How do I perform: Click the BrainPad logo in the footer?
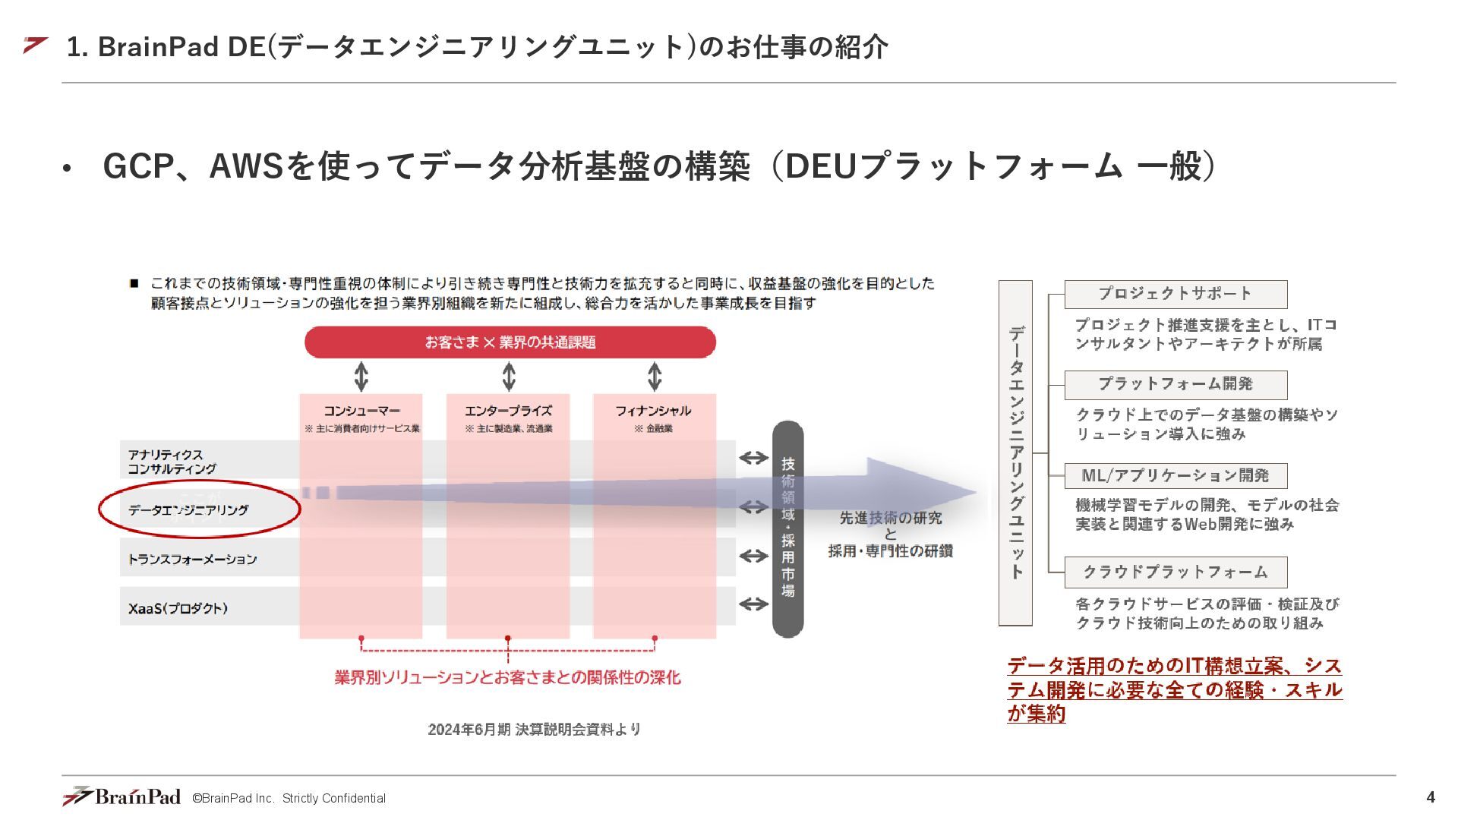[121, 796]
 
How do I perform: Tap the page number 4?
[1431, 797]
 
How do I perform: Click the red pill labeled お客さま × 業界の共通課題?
[510, 342]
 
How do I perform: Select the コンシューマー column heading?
[361, 411]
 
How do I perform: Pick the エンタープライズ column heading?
[508, 411]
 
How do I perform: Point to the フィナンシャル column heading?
[653, 411]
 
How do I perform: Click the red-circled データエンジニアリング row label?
[188, 510]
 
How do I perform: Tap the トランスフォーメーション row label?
[192, 560]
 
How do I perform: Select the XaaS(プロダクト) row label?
[178, 608]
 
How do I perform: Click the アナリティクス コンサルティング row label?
[172, 462]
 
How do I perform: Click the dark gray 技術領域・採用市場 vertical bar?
[787, 528]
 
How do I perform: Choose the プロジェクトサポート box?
[1175, 294]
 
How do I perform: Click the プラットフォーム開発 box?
[1175, 384]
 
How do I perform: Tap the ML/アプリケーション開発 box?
[1175, 476]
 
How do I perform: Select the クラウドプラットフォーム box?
[1175, 572]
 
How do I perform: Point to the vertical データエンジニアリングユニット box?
[1015, 453]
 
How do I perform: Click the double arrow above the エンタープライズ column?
[509, 377]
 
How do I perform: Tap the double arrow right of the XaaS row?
[753, 604]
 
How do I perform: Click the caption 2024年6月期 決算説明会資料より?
[534, 730]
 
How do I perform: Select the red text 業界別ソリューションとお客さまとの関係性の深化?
[507, 677]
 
